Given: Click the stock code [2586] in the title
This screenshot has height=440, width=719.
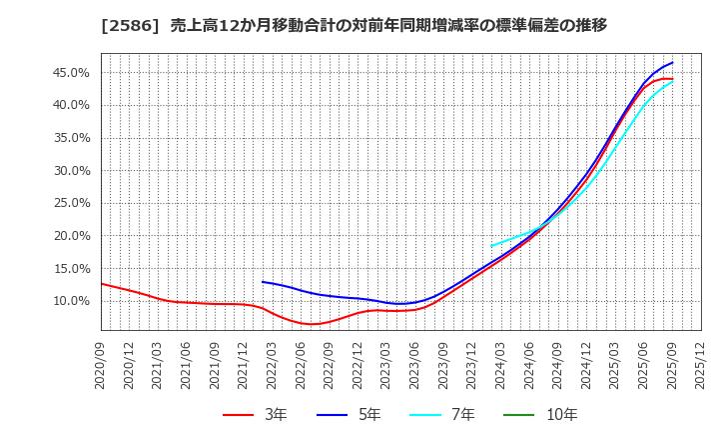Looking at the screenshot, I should click(x=124, y=25).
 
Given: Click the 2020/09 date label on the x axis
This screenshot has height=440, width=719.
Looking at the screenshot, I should click(x=102, y=367).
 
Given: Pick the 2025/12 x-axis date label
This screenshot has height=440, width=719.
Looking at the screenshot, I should click(x=701, y=367).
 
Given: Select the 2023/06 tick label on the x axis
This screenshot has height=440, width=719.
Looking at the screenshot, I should click(x=415, y=367).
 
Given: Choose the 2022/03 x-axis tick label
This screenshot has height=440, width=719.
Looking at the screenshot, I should click(x=273, y=367).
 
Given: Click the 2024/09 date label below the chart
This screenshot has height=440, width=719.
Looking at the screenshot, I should click(x=558, y=367).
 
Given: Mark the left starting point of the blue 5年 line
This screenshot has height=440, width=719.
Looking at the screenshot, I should click(x=263, y=281).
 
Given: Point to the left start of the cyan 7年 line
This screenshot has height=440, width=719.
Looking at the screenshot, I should click(x=491, y=246).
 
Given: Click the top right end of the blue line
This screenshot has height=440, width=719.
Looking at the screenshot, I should click(x=672, y=63).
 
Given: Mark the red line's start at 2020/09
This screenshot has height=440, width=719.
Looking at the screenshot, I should click(x=102, y=283).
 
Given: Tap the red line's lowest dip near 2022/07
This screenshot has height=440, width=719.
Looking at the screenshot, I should click(x=313, y=324).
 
